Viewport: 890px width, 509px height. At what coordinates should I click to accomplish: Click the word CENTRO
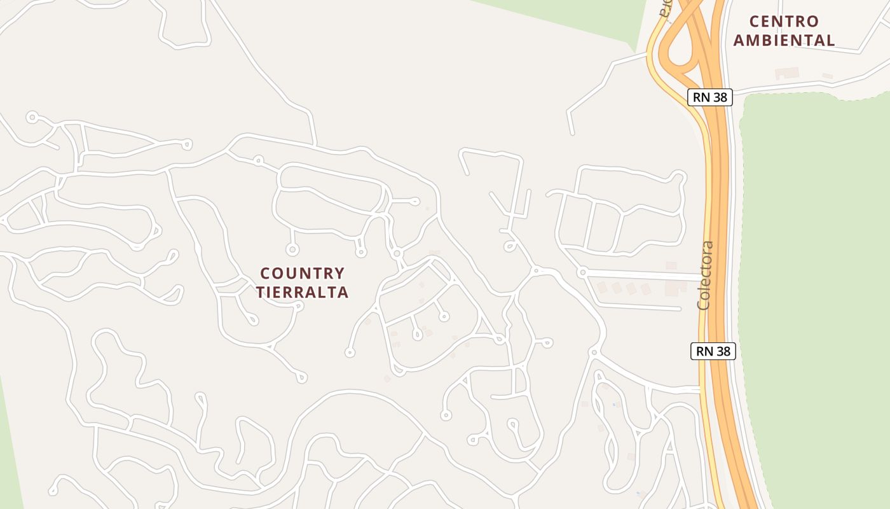click(784, 22)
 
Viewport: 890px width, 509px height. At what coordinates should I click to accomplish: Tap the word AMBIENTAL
click(784, 40)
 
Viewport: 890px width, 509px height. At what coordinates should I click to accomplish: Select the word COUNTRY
click(303, 274)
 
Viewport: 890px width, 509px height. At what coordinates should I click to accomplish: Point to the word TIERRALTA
click(303, 292)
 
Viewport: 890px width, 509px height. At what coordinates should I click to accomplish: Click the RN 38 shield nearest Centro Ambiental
click(710, 97)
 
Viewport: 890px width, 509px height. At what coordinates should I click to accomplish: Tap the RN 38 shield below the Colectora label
click(713, 351)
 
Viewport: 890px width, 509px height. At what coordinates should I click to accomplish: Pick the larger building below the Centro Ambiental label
click(787, 73)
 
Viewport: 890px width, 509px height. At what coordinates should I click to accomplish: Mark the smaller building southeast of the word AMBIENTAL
click(827, 76)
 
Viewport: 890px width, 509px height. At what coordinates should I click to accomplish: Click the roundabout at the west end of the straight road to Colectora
click(582, 272)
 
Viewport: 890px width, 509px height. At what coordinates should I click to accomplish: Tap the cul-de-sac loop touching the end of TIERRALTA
click(299, 307)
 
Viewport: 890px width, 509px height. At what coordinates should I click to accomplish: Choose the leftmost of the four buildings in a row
click(601, 288)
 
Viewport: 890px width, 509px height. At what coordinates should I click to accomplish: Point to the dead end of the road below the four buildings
click(680, 309)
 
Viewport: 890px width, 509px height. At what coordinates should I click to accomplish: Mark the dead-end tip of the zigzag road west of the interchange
click(572, 133)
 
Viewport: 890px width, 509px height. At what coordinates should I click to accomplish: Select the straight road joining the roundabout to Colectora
click(642, 274)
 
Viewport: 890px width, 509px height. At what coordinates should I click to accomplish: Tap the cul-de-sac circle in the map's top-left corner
click(32, 117)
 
